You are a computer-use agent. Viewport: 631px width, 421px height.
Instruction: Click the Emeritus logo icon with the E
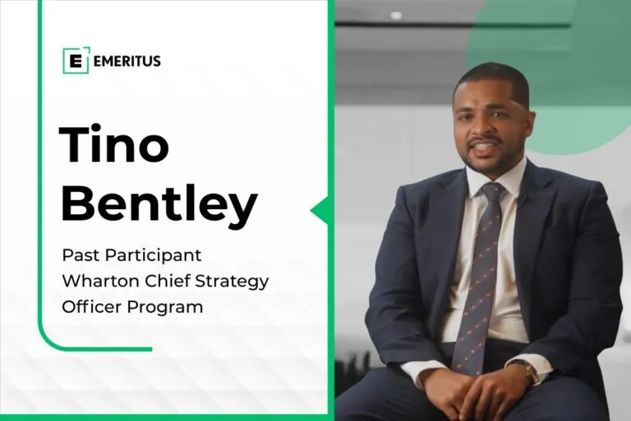(x=76, y=61)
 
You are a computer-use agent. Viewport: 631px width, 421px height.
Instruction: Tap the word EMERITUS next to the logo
(x=127, y=61)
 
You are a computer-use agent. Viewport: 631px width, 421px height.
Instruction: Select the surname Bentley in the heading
(x=159, y=203)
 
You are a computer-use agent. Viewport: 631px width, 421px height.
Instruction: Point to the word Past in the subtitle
(x=81, y=255)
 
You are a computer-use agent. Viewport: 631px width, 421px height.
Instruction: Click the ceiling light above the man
(x=396, y=16)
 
